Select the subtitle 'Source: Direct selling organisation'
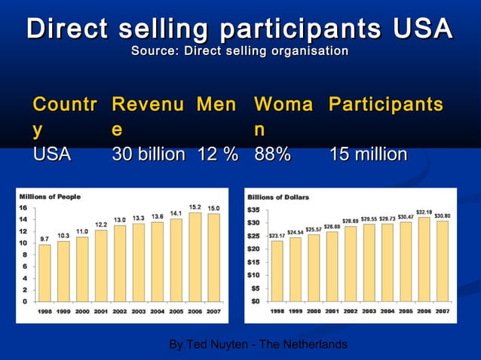click(240, 51)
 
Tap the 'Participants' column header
click(385, 105)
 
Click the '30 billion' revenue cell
click(149, 154)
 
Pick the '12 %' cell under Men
click(217, 154)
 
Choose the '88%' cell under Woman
click(273, 154)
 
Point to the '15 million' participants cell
click(369, 154)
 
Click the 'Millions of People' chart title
click(50, 197)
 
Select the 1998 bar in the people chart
click(45, 272)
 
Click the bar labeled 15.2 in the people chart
click(195, 256)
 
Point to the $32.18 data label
click(423, 212)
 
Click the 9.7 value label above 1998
click(44, 237)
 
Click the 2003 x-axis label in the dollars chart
click(369, 310)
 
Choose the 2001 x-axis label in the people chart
click(101, 310)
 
